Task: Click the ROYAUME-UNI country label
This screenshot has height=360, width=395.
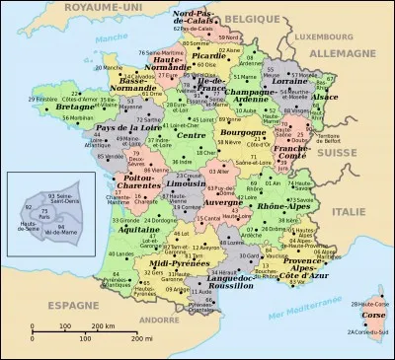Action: coord(45,8)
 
